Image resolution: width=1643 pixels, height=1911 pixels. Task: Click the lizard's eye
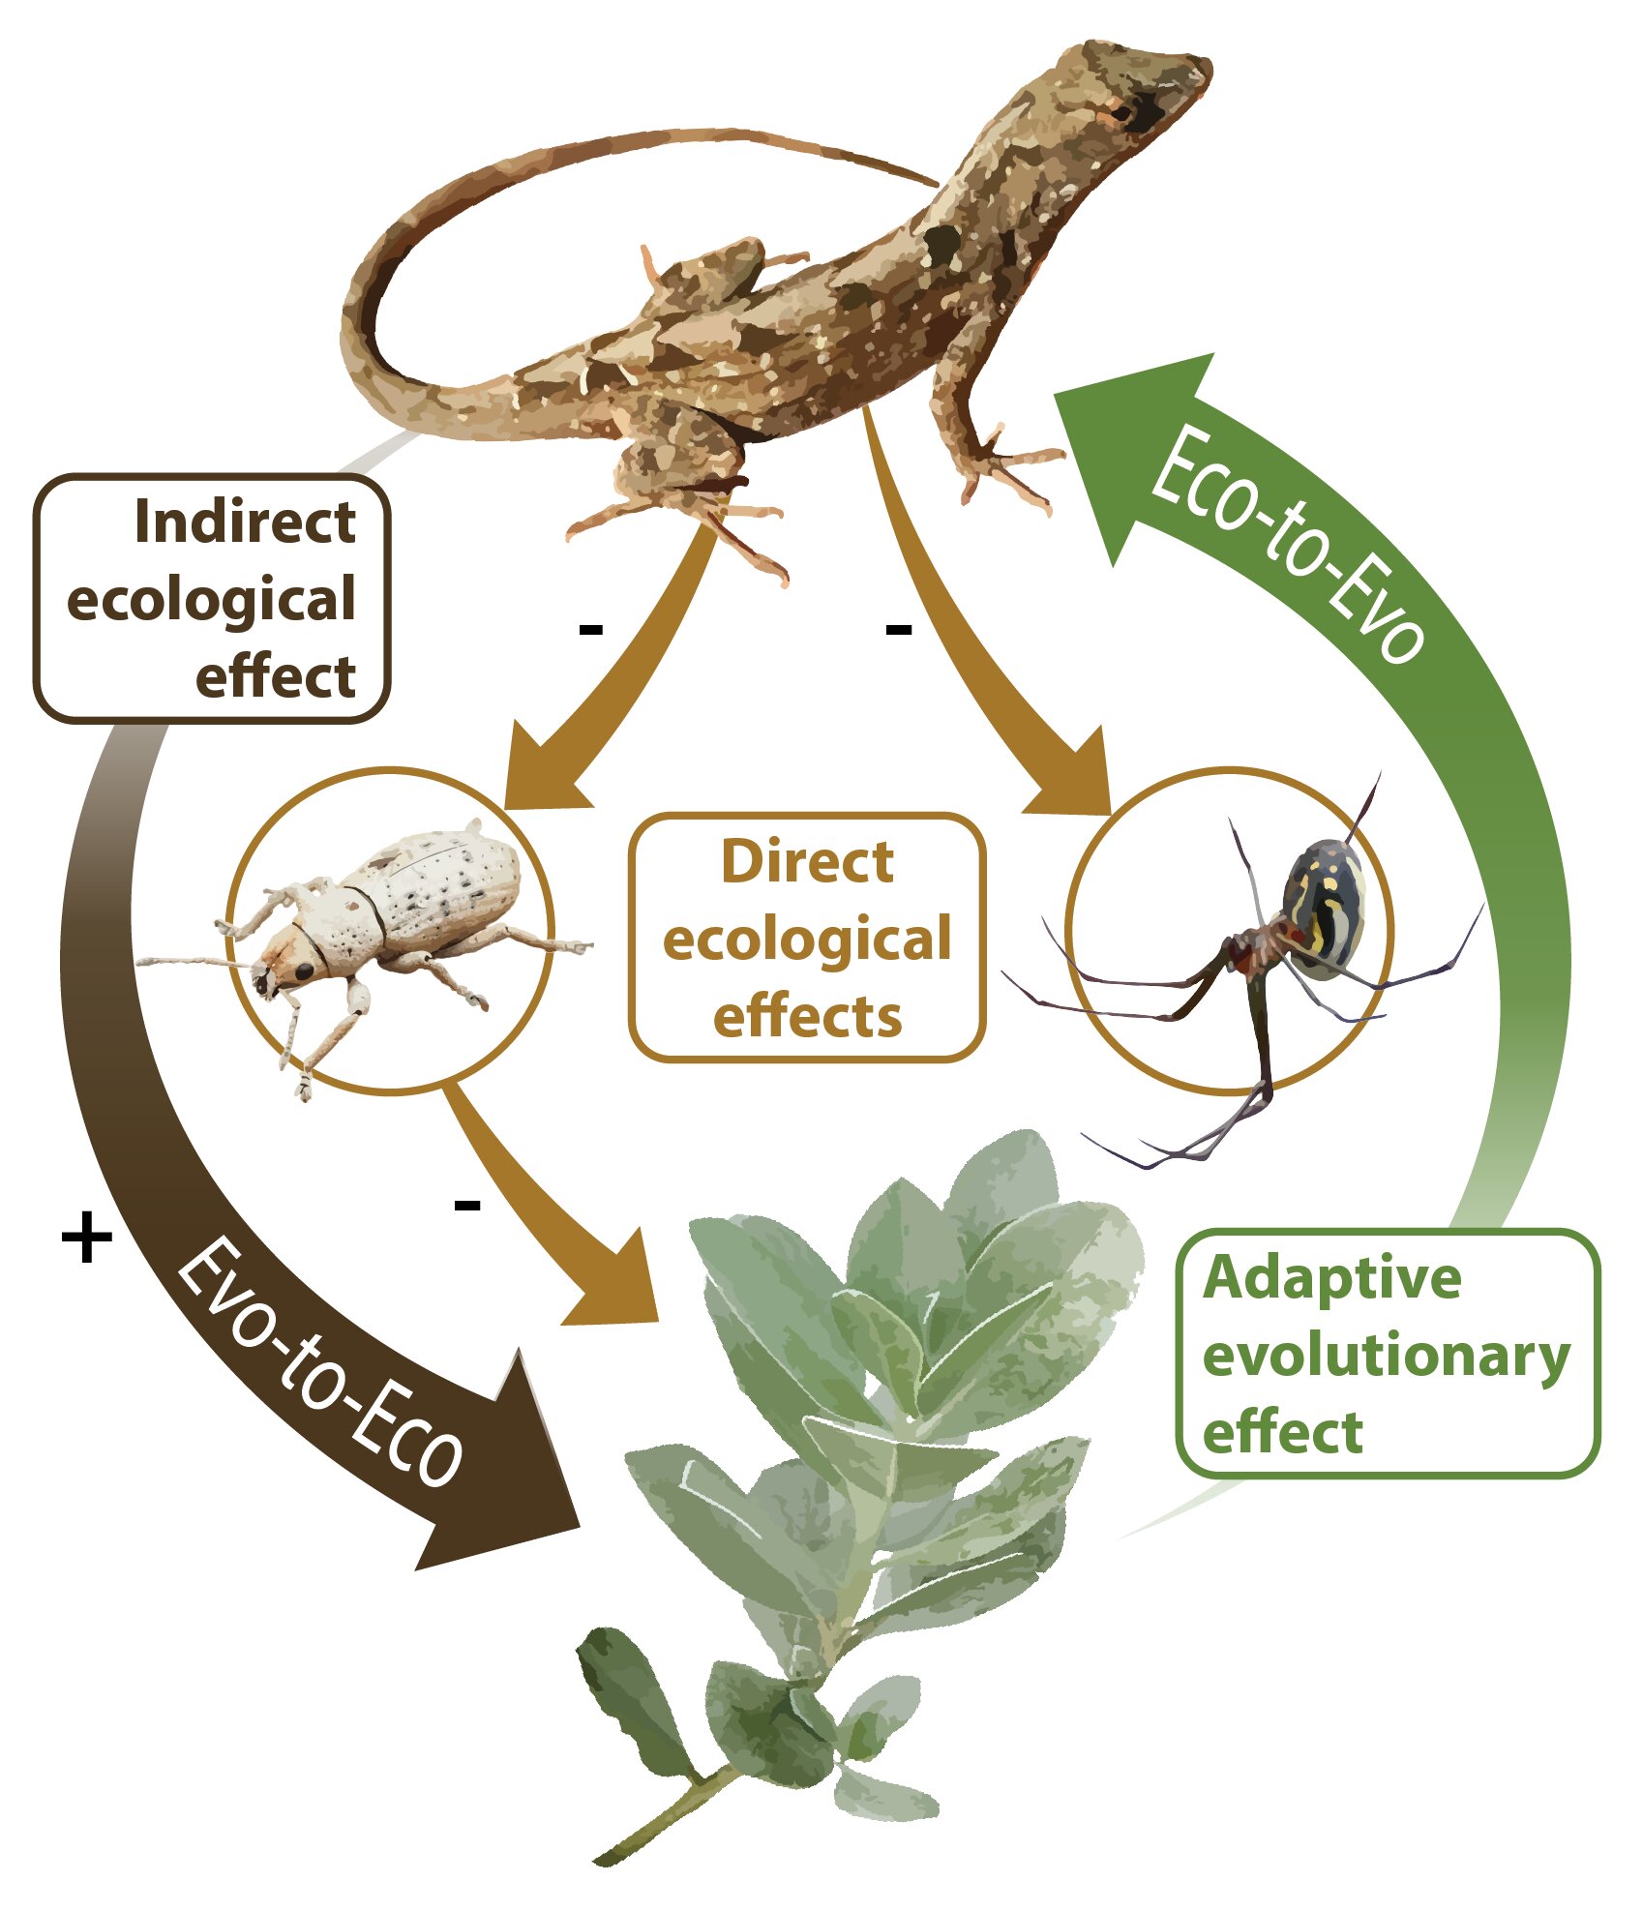tap(1122, 112)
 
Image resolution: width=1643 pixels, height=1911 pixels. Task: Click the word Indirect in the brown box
tap(245, 522)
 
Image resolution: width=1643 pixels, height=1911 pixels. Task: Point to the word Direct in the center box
tap(808, 862)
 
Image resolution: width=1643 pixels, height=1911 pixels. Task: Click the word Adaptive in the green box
tap(1331, 1281)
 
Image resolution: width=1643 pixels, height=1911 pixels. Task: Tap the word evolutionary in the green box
tap(1386, 1359)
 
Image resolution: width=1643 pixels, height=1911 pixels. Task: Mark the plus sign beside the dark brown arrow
tap(87, 1238)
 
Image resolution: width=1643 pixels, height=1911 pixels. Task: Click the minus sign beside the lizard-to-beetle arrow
tap(590, 630)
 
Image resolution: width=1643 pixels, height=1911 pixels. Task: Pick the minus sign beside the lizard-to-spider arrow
tap(899, 630)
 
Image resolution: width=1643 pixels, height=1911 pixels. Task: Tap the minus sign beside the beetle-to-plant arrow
tap(467, 1206)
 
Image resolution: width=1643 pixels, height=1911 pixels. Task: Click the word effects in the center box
tap(808, 1017)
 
